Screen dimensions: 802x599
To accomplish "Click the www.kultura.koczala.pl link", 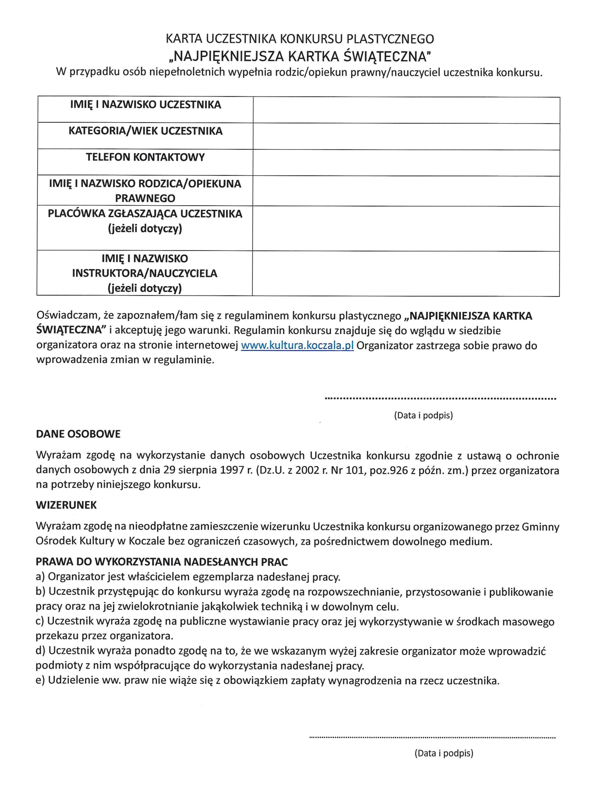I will [297, 346].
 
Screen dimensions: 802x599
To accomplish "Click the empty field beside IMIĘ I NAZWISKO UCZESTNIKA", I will [406, 110].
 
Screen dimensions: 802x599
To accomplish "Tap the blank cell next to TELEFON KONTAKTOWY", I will [406, 163].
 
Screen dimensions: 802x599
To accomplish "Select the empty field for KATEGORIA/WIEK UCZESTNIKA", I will [406, 136].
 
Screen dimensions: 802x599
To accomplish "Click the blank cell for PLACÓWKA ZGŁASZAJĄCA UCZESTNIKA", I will [406, 228].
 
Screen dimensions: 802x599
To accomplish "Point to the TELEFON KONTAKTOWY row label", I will [145, 157].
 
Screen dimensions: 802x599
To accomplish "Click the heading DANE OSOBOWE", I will [78, 434].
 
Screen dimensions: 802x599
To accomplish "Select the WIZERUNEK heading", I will [66, 505].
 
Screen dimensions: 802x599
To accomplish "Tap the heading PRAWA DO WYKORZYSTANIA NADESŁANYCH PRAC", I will [162, 562].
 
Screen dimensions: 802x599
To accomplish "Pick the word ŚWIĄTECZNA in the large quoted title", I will [387, 57].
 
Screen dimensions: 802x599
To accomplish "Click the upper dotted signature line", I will [440, 399].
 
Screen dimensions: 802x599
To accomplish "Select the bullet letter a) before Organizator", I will [40, 576].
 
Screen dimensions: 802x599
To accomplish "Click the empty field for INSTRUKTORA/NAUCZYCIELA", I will [406, 274].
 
